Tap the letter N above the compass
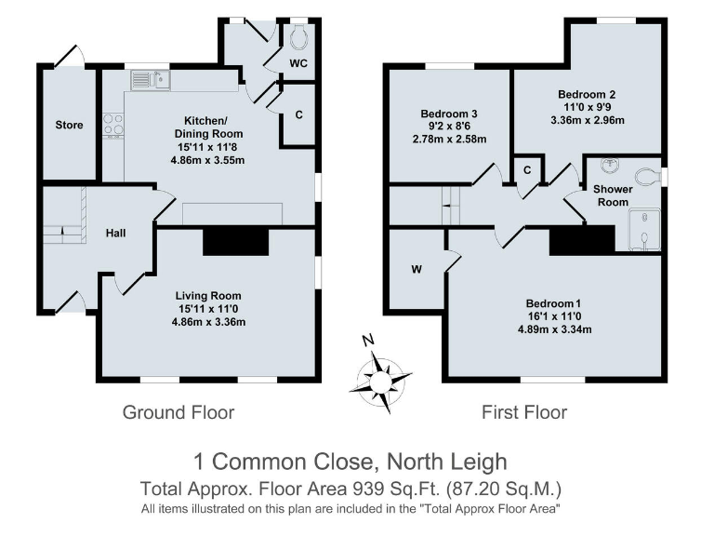click(368, 341)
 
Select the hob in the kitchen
click(112, 125)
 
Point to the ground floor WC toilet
click(298, 38)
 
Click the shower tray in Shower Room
click(645, 230)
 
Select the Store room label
click(69, 126)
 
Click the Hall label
click(115, 233)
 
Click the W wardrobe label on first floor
click(416, 271)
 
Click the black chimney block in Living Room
click(235, 242)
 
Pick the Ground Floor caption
click(178, 412)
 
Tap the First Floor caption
click(523, 412)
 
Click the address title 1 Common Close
click(350, 462)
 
